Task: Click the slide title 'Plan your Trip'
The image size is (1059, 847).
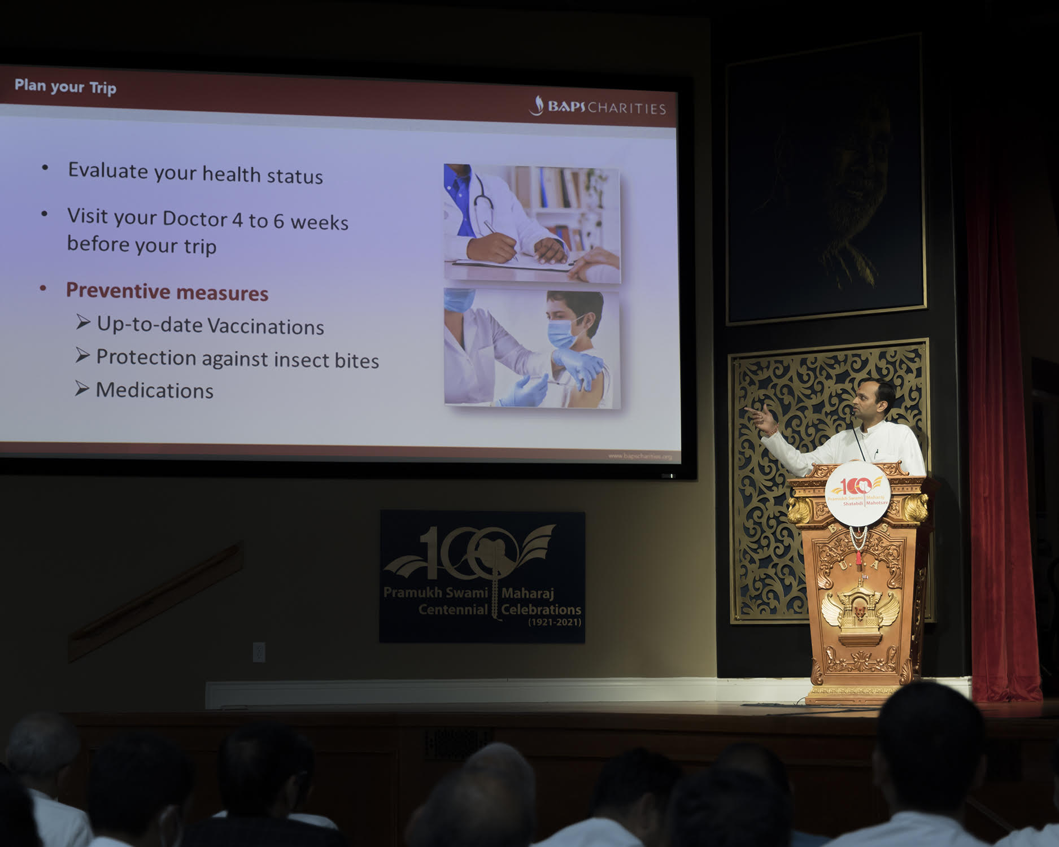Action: pos(65,86)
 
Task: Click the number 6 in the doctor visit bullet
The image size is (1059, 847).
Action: pos(278,221)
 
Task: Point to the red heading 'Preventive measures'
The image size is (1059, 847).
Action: pos(167,291)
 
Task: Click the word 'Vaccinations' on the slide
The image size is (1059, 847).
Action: pos(265,326)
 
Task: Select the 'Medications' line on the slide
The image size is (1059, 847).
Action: pos(154,390)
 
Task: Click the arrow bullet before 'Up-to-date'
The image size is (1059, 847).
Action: pos(83,322)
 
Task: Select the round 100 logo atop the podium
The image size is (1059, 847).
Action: pos(857,493)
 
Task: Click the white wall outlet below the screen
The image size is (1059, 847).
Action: pos(259,652)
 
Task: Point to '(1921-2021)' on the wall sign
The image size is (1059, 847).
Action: pos(554,622)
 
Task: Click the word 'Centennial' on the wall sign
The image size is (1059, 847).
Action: pos(452,609)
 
